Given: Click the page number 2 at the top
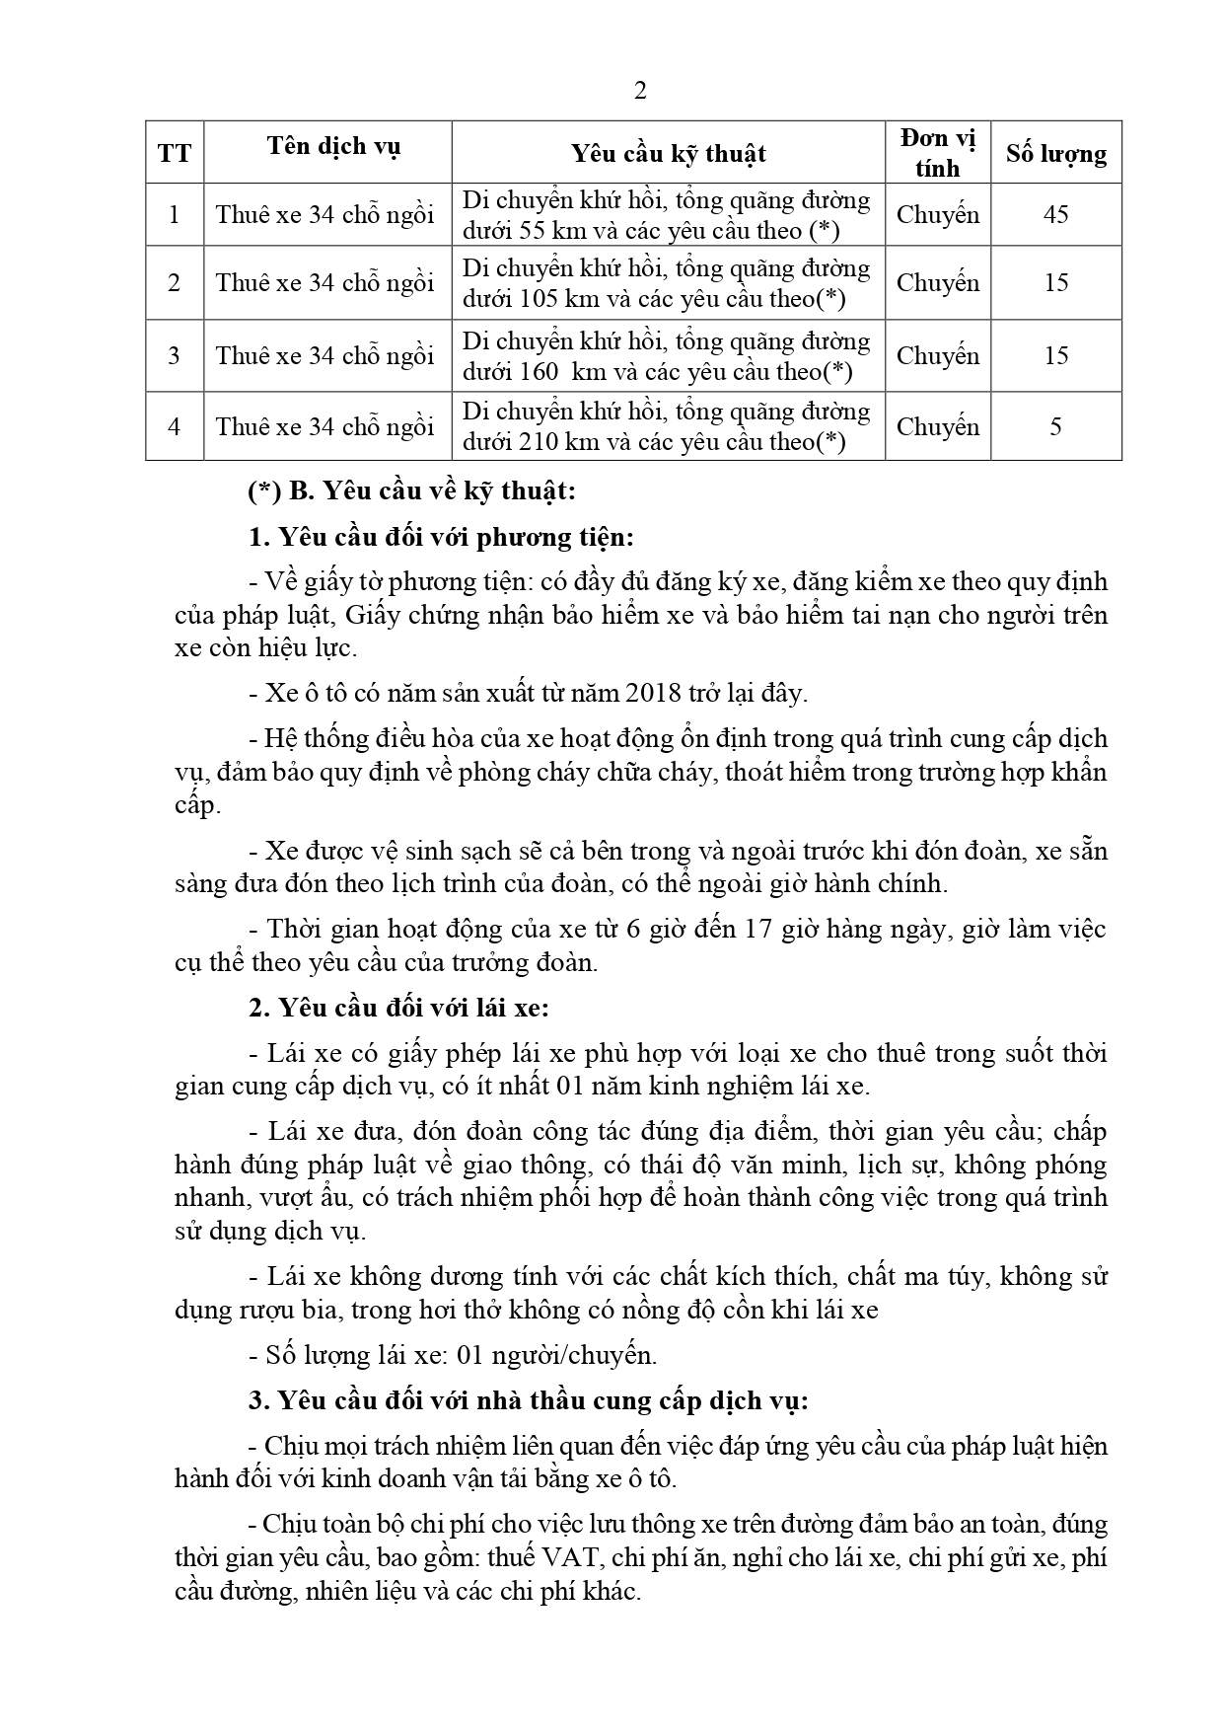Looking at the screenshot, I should click(x=640, y=92).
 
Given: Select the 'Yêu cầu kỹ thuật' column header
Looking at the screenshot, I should click(x=668, y=153).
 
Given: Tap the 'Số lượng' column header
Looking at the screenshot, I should click(x=1055, y=153).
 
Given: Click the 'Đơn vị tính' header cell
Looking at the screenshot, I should click(x=937, y=153).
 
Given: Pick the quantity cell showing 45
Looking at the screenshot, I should click(x=1055, y=214).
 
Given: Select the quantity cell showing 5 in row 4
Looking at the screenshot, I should click(x=1055, y=426).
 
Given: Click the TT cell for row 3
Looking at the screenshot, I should click(x=175, y=355).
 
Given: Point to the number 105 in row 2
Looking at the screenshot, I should click(x=540, y=299).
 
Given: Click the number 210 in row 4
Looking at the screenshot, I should click(x=540, y=442).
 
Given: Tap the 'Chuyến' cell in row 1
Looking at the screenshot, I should click(x=937, y=214).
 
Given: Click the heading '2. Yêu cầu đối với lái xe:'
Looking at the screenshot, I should click(x=398, y=1008).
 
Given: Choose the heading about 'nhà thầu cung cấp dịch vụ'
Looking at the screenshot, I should click(x=528, y=1400).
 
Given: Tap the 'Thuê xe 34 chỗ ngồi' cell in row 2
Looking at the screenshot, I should click(x=325, y=283).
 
